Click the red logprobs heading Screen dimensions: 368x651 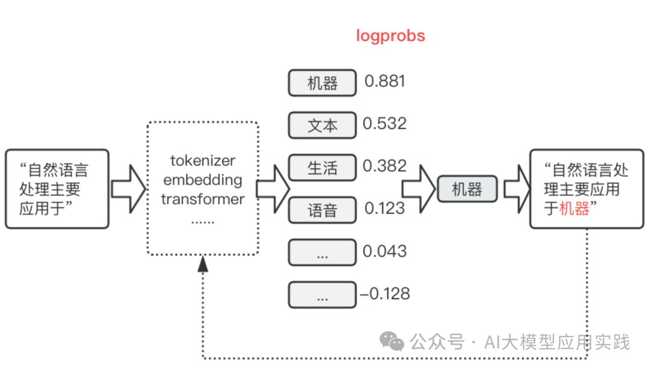click(390, 36)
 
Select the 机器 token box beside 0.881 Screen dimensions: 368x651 click(322, 83)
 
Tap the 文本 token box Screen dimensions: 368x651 click(322, 126)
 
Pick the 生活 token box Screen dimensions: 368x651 click(322, 168)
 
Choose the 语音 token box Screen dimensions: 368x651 click(322, 211)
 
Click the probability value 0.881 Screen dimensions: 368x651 click(385, 81)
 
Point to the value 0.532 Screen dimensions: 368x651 click(385, 124)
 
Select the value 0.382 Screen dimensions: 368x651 click(385, 166)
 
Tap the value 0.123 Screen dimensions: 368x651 click(385, 209)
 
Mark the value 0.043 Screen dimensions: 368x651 click(385, 252)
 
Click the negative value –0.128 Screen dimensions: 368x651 click(385, 294)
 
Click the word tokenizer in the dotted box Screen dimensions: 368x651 click(203, 161)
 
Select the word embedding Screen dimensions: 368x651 click(203, 180)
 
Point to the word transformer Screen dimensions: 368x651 click(203, 199)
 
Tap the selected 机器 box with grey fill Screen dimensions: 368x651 click(467, 189)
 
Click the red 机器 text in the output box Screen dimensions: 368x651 click(574, 209)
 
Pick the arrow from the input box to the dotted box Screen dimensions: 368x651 click(128, 189)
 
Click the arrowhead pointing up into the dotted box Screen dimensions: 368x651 click(203, 263)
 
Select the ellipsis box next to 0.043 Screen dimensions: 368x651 click(322, 253)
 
